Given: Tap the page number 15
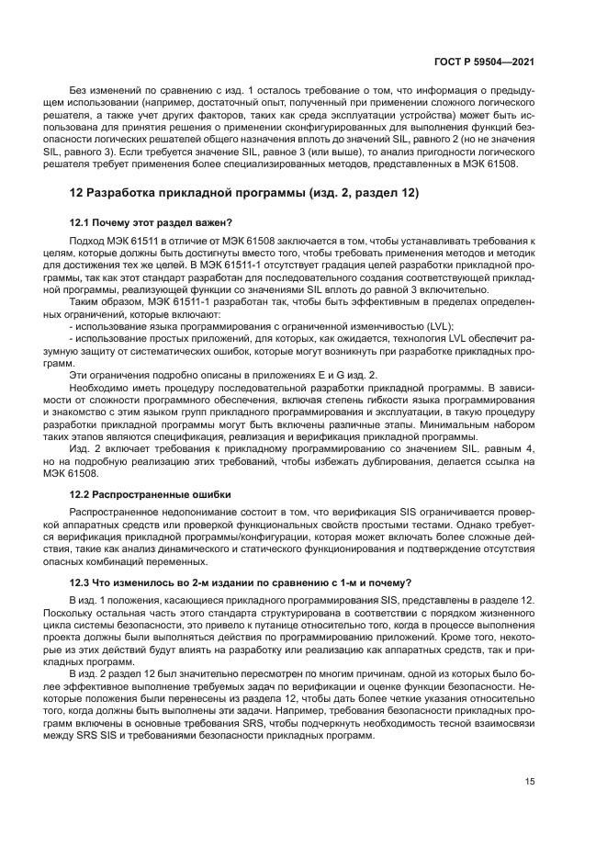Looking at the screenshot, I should pyautogui.click(x=530, y=782).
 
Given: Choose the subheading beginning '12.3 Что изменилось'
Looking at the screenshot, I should pyautogui.click(x=241, y=582).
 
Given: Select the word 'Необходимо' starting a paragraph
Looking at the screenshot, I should pyautogui.click(x=100, y=389).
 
